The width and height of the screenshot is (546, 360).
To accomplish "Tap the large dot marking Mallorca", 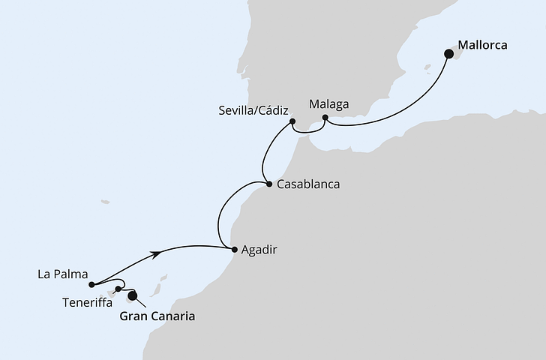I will click(449, 53).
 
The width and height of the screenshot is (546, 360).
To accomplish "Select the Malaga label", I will click(328, 103).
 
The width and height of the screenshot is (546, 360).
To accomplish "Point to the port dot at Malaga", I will click(325, 118).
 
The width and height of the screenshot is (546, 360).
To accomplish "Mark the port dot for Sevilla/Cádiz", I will click(292, 121).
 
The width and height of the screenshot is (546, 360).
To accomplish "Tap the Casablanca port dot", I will click(268, 184).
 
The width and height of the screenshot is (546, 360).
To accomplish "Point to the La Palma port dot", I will click(90, 284).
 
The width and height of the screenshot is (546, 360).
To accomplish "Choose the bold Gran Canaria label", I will click(157, 317).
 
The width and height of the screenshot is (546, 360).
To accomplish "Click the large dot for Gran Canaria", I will click(133, 295).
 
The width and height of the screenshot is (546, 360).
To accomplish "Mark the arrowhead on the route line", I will click(158, 255).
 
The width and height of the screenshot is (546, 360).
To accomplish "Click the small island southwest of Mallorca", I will click(427, 67).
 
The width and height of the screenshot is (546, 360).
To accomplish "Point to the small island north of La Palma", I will click(105, 201).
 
